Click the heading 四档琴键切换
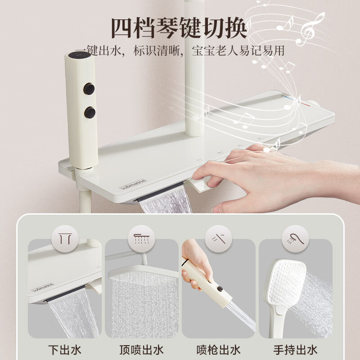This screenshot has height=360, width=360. pos(179,28)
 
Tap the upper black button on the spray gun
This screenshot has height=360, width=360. pos(89,89)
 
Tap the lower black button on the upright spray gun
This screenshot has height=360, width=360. pos(90,112)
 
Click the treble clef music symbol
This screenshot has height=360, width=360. pos(310,29)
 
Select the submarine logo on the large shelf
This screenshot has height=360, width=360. pos(133,184)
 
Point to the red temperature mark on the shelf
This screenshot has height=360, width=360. pos(306,104)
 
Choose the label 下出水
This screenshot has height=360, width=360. pos(65,350)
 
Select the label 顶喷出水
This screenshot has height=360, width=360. pos(141,350)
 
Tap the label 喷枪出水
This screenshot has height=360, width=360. pos(218,350)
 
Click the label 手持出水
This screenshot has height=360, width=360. pos(296,350)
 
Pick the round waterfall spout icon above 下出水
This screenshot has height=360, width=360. pos(65,239)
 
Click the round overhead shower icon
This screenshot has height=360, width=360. pos(141,239)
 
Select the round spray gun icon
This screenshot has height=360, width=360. pos(218,239)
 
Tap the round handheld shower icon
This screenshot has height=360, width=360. pos(296,239)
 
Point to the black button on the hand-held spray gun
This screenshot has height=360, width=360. pos(220,289)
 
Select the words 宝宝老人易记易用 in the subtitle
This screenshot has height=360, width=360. pos(238,51)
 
